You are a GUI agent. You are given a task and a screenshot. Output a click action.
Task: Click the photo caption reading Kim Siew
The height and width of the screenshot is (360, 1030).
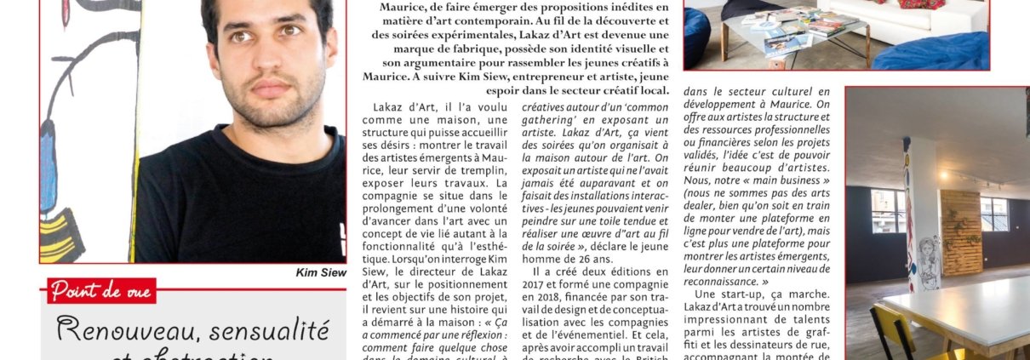[319, 272]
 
